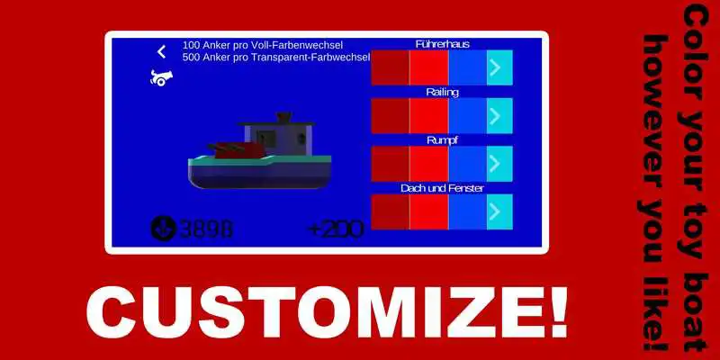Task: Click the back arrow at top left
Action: pyautogui.click(x=162, y=52)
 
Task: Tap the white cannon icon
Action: pyautogui.click(x=161, y=78)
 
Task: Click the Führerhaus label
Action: pyautogui.click(x=442, y=44)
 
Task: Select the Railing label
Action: pyautogui.click(x=442, y=92)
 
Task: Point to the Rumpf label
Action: pyautogui.click(x=442, y=139)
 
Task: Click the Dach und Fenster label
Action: pyautogui.click(x=442, y=188)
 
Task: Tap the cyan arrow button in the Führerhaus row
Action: pyautogui.click(x=499, y=67)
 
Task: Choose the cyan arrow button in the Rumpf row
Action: pyautogui.click(x=499, y=164)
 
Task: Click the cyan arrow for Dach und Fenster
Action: pyautogui.click(x=499, y=211)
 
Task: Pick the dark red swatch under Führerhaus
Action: pyautogui.click(x=390, y=67)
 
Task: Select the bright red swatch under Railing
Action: pyautogui.click(x=428, y=115)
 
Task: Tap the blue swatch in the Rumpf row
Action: pyautogui.click(x=466, y=164)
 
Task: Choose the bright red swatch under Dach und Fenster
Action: pyautogui.click(x=428, y=211)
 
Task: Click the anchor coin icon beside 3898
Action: pyautogui.click(x=163, y=229)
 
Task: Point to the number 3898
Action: pyautogui.click(x=206, y=229)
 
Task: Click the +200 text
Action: pyautogui.click(x=335, y=229)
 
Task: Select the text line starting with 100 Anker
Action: pyautogui.click(x=262, y=45)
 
